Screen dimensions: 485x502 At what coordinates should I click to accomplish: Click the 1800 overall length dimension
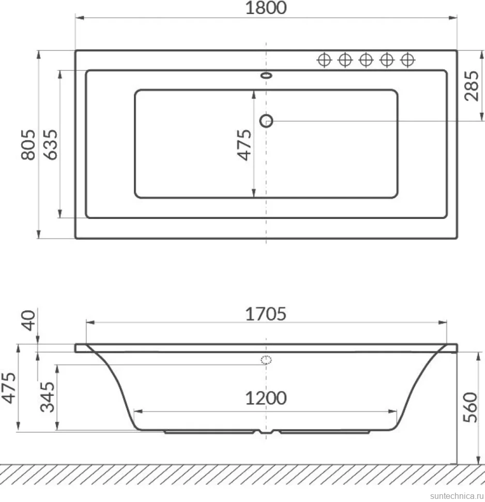coord(266,8)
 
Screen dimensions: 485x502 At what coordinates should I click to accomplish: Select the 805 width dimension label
coord(28,144)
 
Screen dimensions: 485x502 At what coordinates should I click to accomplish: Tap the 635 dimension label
coord(51,144)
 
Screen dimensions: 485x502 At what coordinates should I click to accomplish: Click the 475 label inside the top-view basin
coord(244,145)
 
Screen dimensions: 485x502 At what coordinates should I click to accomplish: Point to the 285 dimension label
coord(472,86)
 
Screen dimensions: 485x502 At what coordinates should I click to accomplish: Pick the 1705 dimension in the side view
coord(266,314)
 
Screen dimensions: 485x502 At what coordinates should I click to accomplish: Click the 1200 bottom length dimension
coord(266,398)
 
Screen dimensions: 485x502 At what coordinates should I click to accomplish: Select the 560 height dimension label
coord(471,408)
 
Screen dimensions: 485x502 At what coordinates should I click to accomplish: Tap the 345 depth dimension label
coord(48,396)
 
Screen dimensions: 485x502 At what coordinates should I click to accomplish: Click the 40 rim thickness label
coord(28,320)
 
